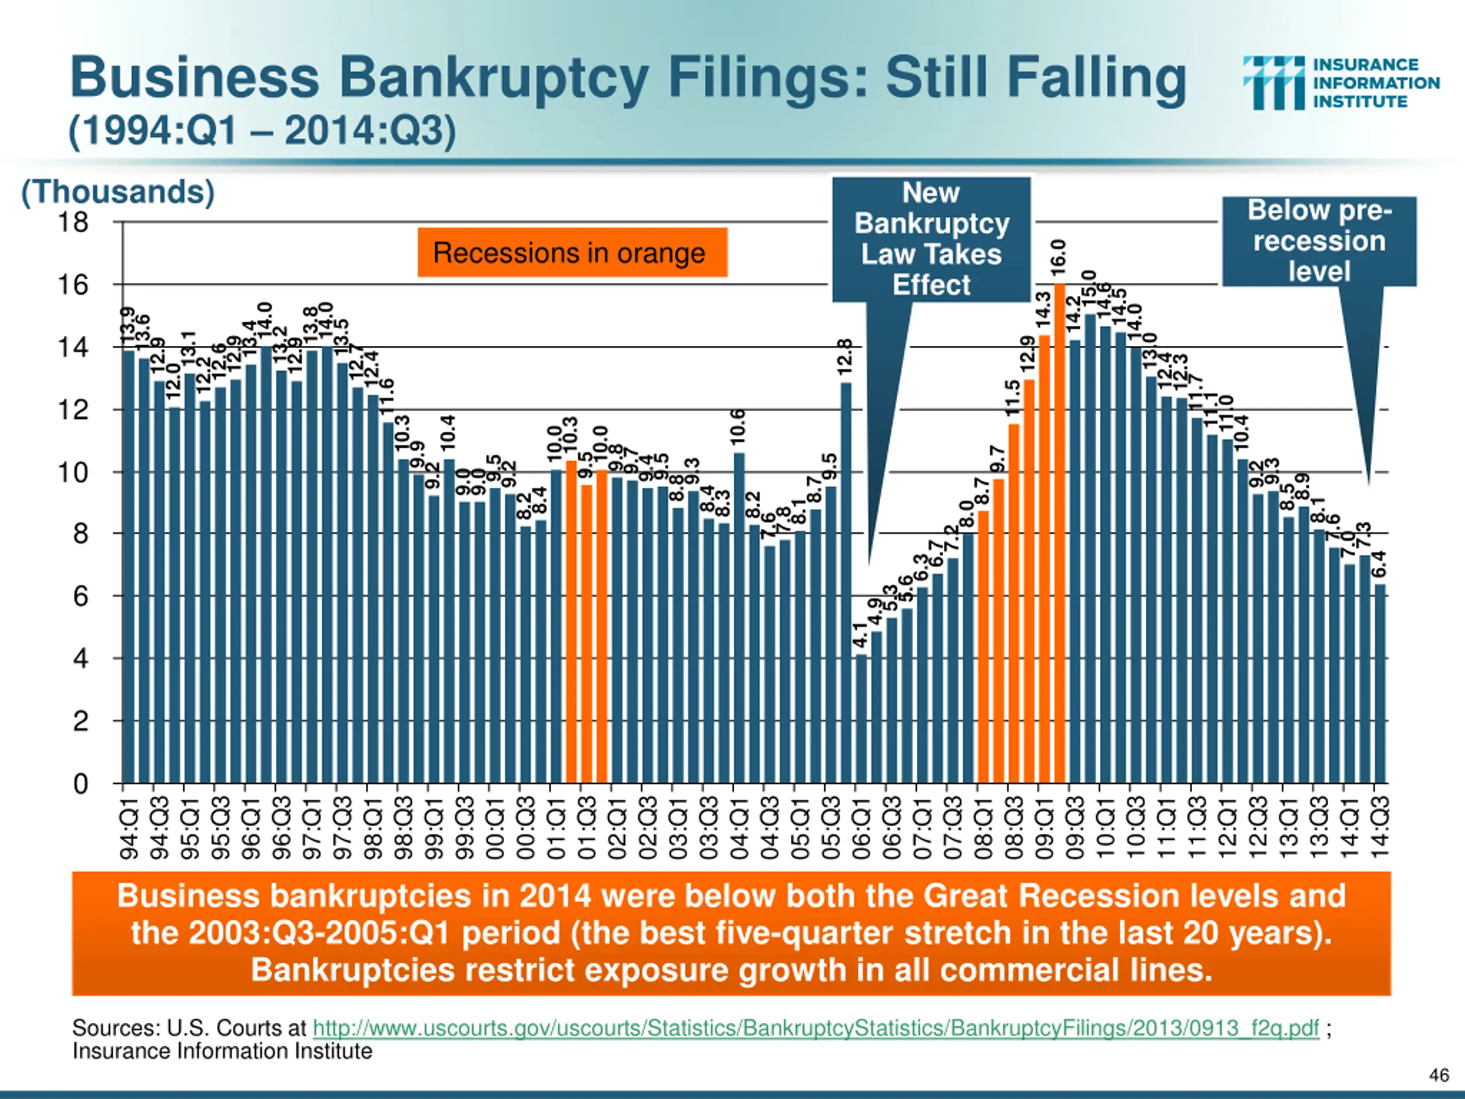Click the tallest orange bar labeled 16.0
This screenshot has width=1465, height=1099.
click(1060, 530)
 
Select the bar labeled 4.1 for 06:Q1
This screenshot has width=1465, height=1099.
click(861, 719)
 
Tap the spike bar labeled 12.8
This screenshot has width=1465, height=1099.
click(846, 583)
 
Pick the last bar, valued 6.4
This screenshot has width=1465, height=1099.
click(1380, 682)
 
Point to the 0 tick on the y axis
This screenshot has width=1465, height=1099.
click(80, 784)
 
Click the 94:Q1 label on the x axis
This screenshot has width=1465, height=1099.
click(130, 828)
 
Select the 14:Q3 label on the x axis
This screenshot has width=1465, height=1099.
click(1380, 828)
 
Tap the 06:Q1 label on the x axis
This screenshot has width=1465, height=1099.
click(861, 828)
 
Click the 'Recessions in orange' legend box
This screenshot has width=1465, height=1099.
click(572, 252)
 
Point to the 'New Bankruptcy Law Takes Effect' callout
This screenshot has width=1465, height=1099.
click(931, 239)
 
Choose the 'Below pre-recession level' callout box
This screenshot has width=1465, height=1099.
click(1318, 241)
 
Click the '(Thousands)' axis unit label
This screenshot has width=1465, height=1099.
click(118, 192)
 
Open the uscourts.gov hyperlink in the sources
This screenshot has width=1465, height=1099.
click(815, 1028)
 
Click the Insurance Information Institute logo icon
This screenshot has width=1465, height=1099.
click(1274, 83)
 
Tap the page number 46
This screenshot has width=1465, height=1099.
click(1439, 1074)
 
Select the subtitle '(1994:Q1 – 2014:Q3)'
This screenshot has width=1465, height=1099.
click(262, 131)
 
